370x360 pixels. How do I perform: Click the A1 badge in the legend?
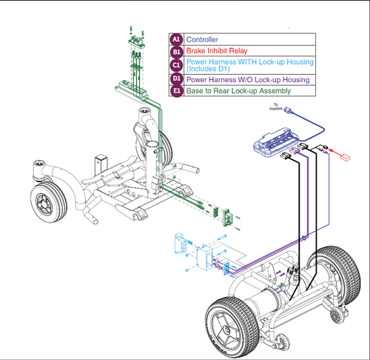click(x=175, y=39)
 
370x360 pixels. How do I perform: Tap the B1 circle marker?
click(x=175, y=52)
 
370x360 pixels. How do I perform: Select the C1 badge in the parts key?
click(x=175, y=64)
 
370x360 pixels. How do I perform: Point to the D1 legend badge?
click(x=175, y=79)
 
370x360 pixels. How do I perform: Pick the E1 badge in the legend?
click(x=175, y=91)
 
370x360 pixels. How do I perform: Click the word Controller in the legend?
click(x=202, y=39)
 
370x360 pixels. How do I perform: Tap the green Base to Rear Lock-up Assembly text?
click(x=238, y=91)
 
